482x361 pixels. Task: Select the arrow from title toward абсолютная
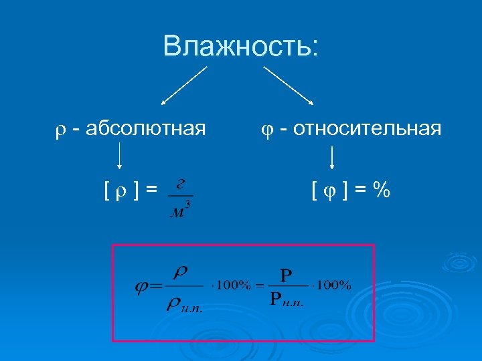[184, 86]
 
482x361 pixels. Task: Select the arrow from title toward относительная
[289, 85]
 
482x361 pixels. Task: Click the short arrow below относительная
[332, 158]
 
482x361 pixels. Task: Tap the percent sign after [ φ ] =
[382, 191]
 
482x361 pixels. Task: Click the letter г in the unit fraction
[179, 187]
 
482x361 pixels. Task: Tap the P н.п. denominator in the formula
[287, 299]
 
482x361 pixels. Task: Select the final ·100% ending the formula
[333, 285]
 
